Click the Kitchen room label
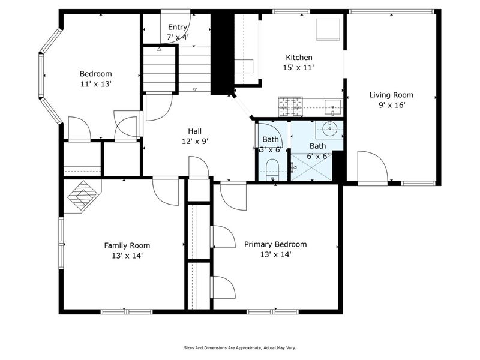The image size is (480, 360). pyautogui.click(x=299, y=58)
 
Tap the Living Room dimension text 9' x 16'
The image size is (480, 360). pyautogui.click(x=391, y=105)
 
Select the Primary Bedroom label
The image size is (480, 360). pyautogui.click(x=275, y=244)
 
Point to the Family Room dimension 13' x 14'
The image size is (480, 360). pyautogui.click(x=127, y=255)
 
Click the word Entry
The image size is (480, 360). pyautogui.click(x=178, y=27)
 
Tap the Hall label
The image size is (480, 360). pyautogui.click(x=194, y=131)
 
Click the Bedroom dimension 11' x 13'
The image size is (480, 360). pyautogui.click(x=96, y=84)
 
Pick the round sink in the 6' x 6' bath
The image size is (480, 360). pyautogui.click(x=328, y=128)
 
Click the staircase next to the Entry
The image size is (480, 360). pyautogui.click(x=160, y=70)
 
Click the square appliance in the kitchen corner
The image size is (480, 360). pyautogui.click(x=328, y=28)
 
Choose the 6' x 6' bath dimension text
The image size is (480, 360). pyautogui.click(x=317, y=155)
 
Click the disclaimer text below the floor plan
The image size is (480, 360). pyautogui.click(x=239, y=347)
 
